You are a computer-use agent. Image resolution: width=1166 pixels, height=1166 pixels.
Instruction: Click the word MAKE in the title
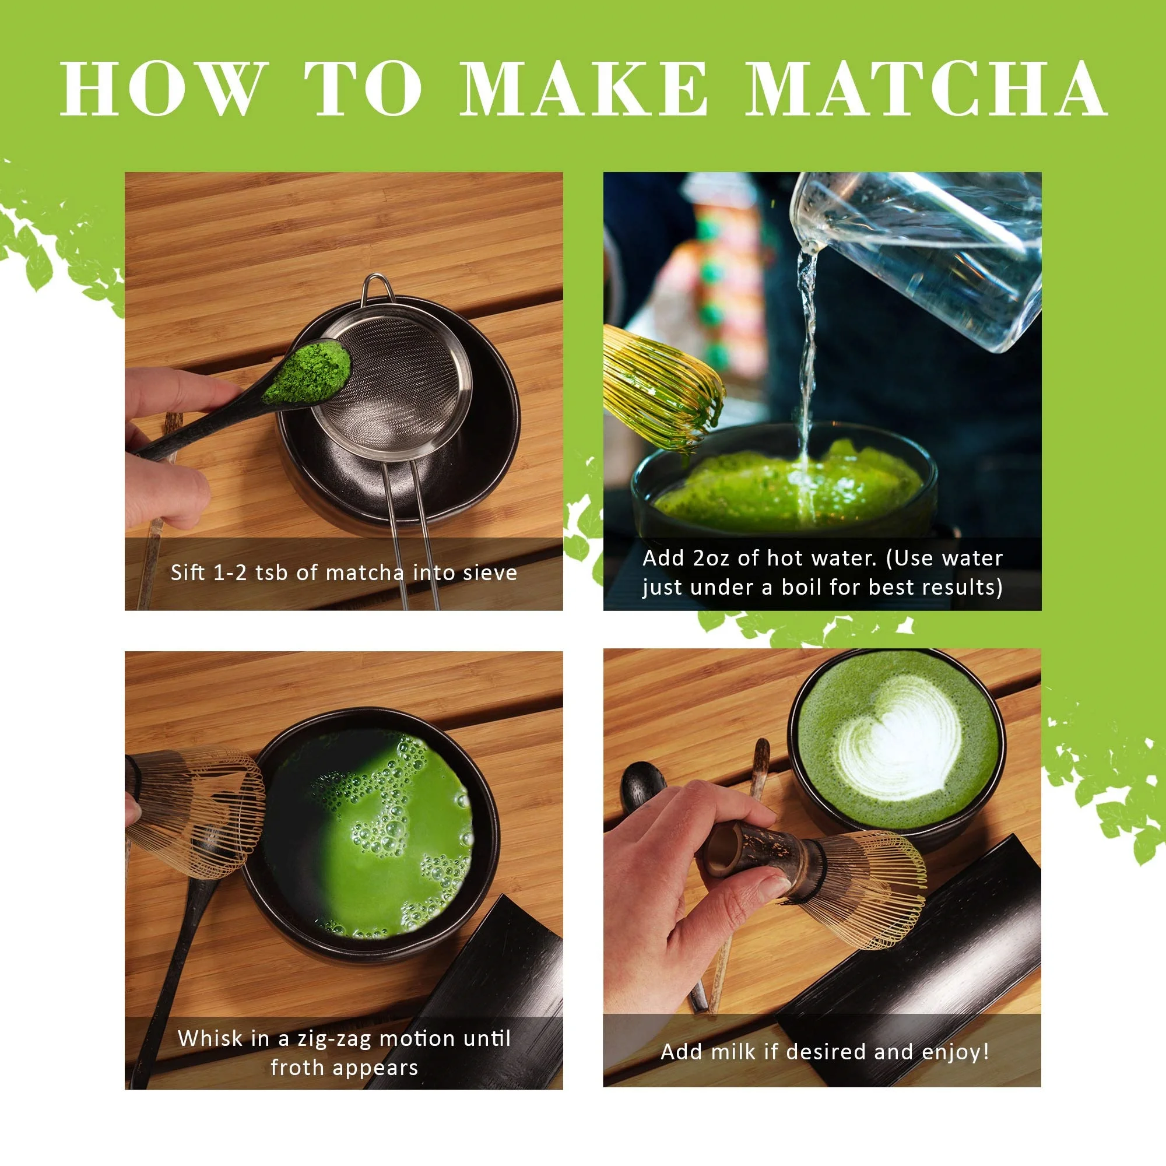[584, 89]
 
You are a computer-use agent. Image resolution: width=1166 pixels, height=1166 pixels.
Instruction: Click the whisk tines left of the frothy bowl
[199, 809]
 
